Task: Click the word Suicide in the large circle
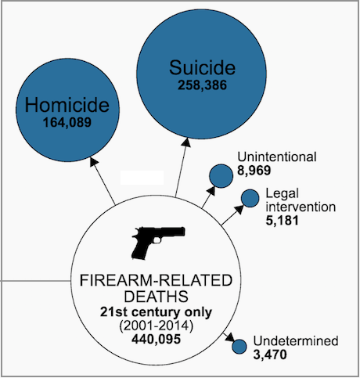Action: pos(202,67)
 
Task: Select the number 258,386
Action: pos(202,85)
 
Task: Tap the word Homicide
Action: pos(67,105)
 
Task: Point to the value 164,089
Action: pos(67,123)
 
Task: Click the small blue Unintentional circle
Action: pos(221,176)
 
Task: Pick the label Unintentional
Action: pos(277,157)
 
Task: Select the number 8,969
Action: pos(254,171)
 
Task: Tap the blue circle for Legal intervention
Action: pos(250,198)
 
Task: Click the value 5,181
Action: pos(282,221)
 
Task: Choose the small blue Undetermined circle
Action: pos(239,347)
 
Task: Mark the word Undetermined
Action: pos(296,340)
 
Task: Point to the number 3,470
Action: pos(270,355)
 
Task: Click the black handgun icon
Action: pos(158,243)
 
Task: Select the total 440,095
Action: pos(157,339)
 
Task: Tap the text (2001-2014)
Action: pos(157,326)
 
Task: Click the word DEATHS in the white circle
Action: pos(156,297)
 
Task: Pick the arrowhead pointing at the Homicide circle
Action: pos(94,161)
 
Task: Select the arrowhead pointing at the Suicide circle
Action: pos(186,142)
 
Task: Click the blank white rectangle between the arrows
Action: pos(142,178)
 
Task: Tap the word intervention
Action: pos(301,207)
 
